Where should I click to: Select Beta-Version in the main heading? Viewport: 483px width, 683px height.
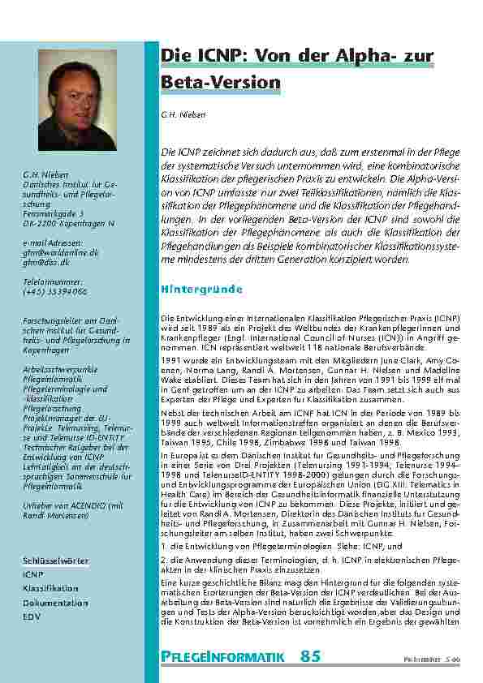221,83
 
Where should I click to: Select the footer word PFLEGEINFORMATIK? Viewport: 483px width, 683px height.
222,658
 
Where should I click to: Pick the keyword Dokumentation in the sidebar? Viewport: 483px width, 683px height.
55,604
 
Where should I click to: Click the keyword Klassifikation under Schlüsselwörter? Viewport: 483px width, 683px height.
50,589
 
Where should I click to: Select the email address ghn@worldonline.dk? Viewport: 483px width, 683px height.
60,252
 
